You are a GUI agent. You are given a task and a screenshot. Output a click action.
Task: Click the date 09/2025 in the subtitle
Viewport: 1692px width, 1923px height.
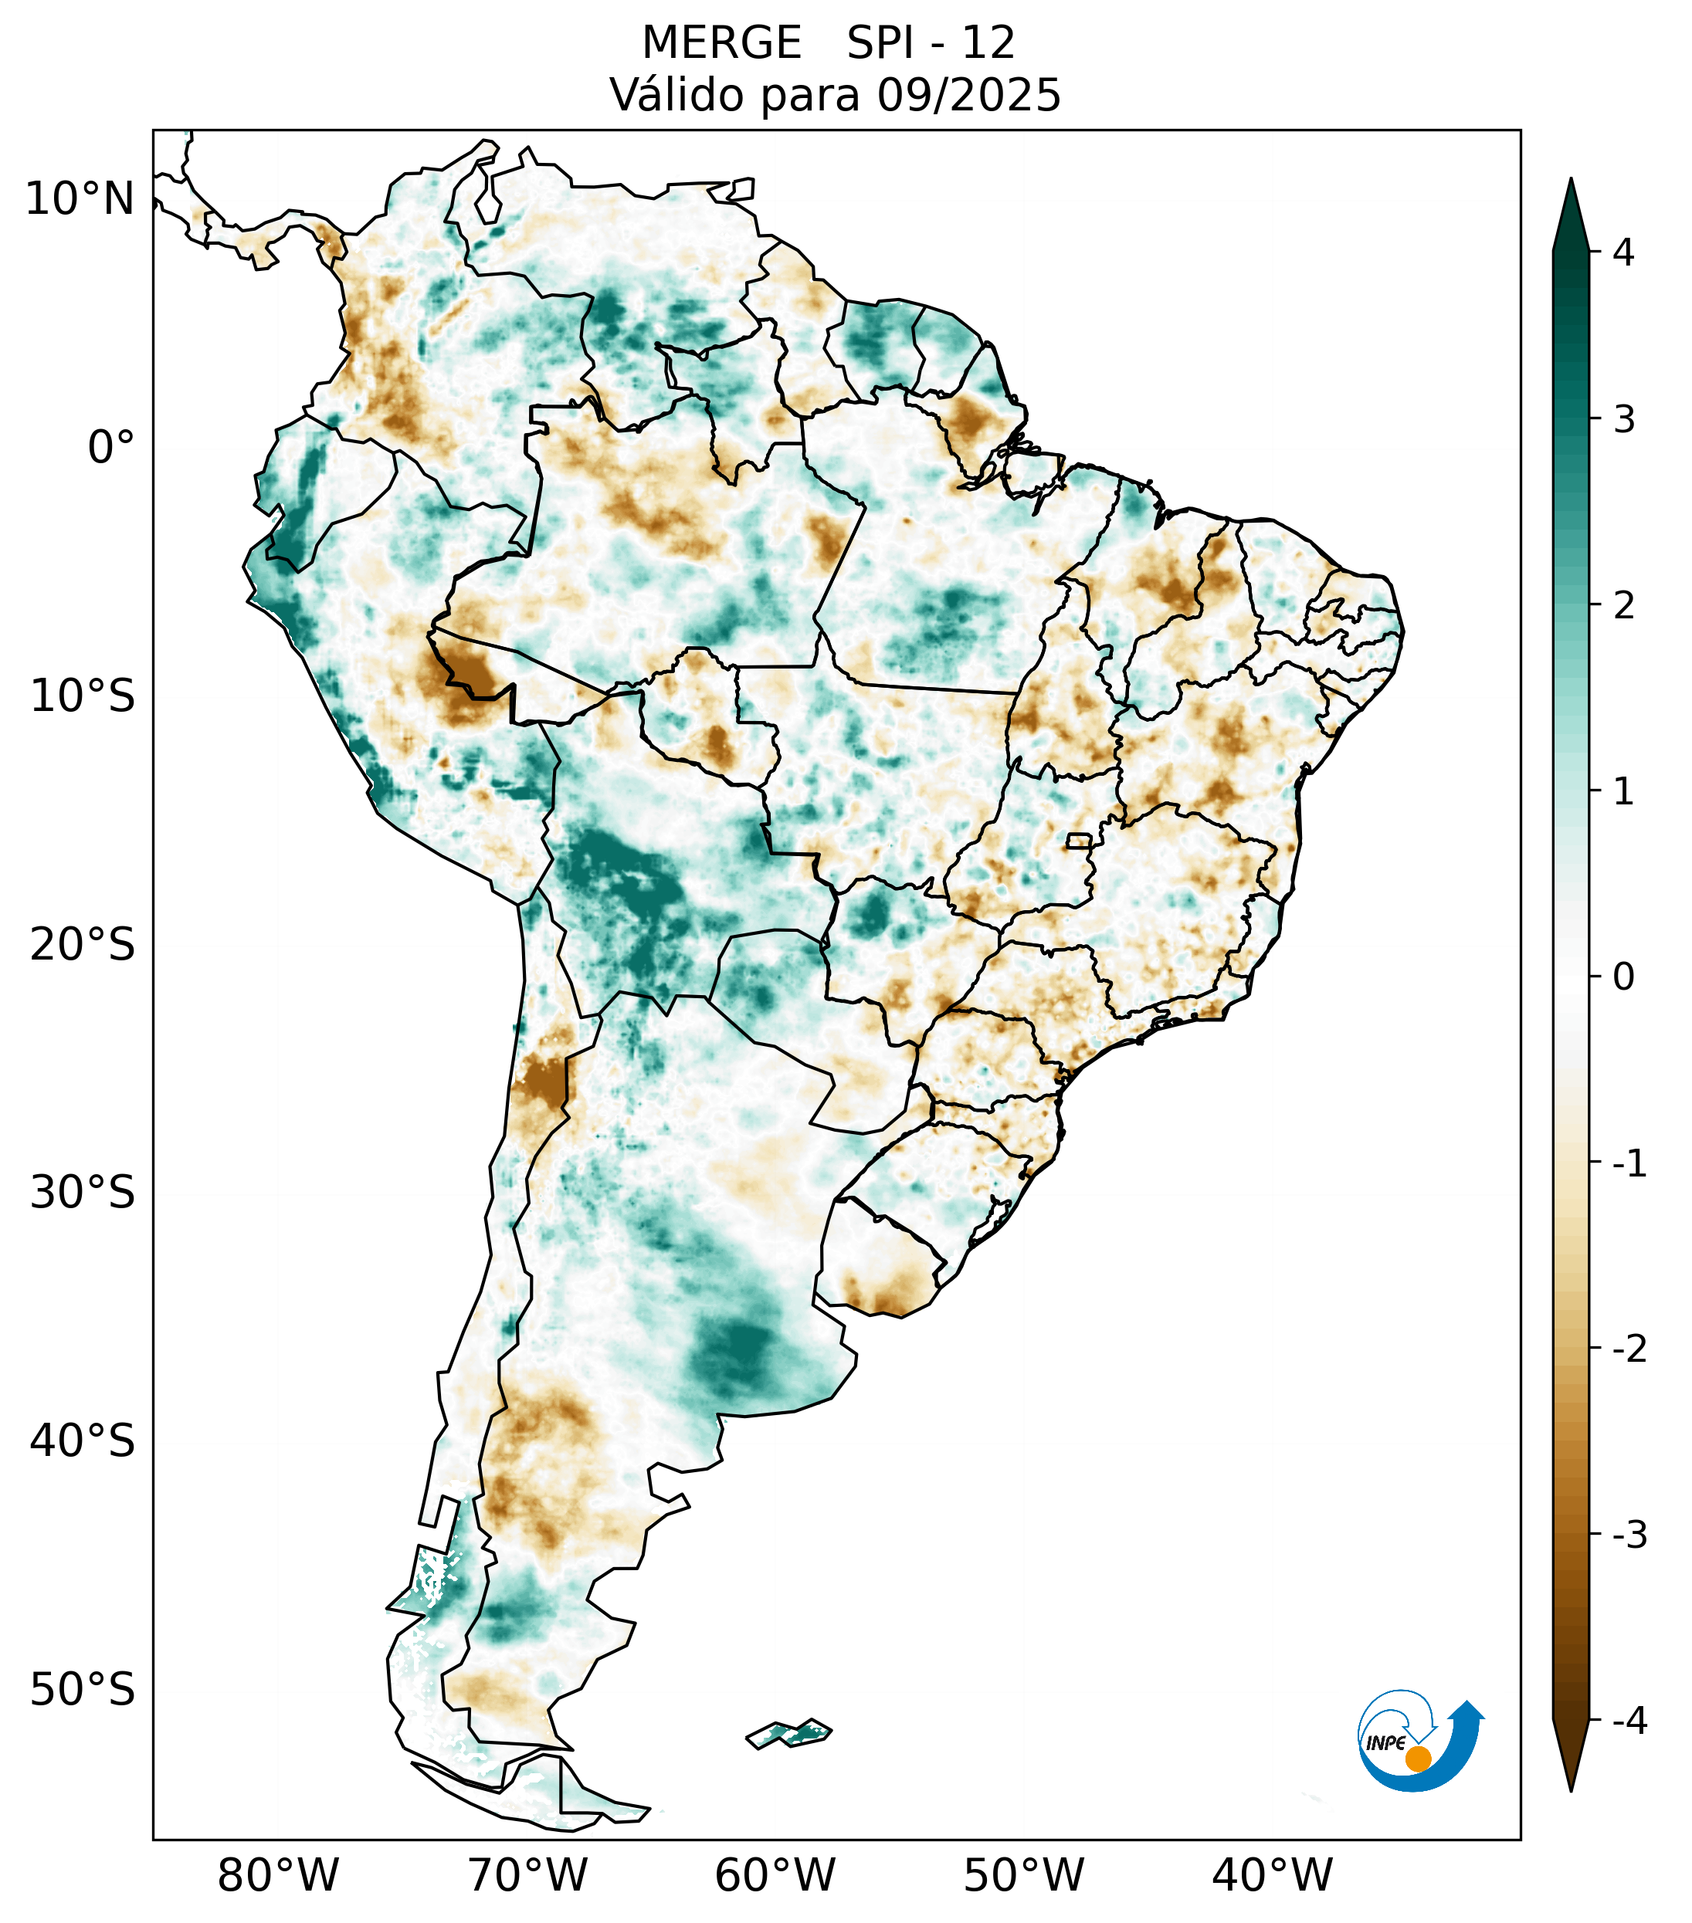968,95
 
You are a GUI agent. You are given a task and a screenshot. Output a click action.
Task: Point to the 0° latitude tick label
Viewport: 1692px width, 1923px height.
111,447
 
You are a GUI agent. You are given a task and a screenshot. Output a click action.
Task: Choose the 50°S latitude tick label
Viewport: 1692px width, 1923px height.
83,1690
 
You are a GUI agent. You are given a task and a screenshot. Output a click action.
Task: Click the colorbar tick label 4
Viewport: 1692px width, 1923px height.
1623,252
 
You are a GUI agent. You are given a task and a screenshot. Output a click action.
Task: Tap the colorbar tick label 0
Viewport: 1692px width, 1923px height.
1623,977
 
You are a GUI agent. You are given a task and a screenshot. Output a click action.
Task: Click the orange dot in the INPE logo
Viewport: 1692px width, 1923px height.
1417,1759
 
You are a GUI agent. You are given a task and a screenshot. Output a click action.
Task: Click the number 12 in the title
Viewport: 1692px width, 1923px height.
988,43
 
